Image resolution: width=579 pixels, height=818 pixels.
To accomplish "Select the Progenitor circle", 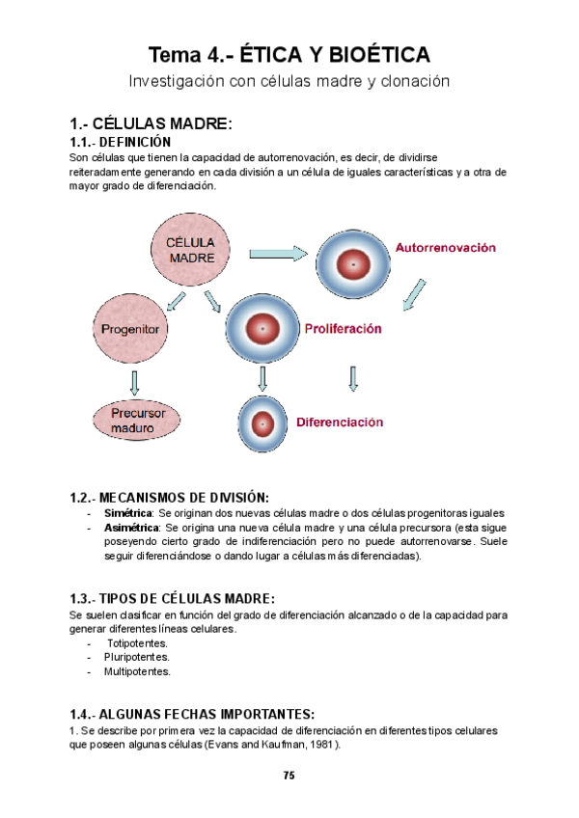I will click(x=130, y=329).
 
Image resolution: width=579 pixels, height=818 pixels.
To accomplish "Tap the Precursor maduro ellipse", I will click(x=138, y=420).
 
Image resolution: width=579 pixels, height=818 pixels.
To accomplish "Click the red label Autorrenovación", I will click(x=445, y=247).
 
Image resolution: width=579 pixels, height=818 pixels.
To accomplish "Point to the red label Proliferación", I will click(x=343, y=329).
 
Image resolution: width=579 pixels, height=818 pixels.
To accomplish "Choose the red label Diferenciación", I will click(x=340, y=422).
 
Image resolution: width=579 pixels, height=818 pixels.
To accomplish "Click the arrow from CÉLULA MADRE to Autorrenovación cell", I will click(x=279, y=254).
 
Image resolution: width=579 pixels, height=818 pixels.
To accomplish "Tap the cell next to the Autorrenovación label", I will click(x=354, y=263).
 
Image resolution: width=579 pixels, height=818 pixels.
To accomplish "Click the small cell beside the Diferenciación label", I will click(x=262, y=423).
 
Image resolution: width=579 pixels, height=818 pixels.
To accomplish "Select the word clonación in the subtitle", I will click(x=414, y=81).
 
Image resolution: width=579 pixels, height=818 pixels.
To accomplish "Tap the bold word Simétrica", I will click(x=128, y=513).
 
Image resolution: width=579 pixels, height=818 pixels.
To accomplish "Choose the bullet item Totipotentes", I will click(x=137, y=642).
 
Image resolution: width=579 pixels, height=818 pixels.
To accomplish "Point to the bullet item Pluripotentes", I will click(x=137, y=657).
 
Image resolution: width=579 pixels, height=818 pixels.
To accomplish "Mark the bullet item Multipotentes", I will click(x=137, y=671).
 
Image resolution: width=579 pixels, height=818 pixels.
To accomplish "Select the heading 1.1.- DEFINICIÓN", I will click(x=121, y=141).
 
